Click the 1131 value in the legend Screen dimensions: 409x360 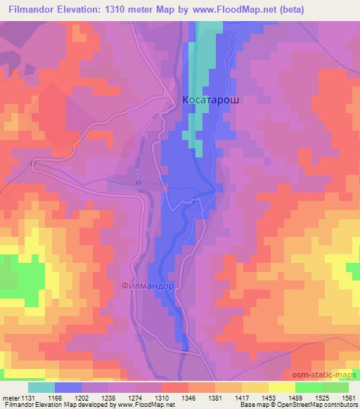coord(22,397)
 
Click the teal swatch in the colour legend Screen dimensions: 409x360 coord(41,387)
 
